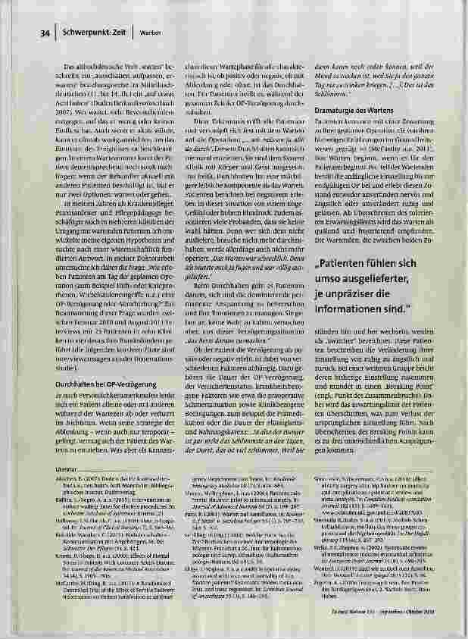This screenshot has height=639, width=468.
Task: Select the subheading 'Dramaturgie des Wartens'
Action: point(347,111)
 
